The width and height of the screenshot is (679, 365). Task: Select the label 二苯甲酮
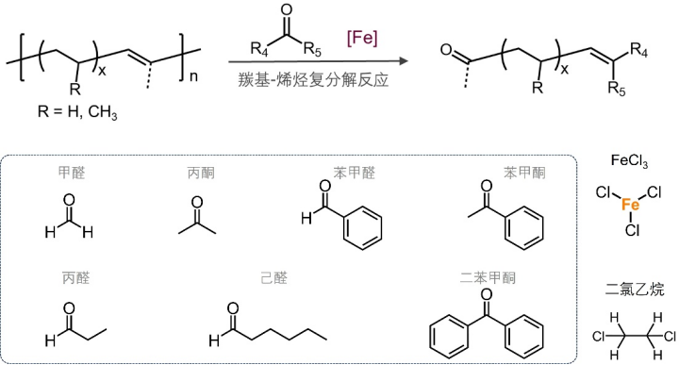tap(488, 278)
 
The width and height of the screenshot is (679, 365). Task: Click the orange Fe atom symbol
tap(631, 205)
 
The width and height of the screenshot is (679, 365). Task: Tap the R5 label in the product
tap(617, 91)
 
